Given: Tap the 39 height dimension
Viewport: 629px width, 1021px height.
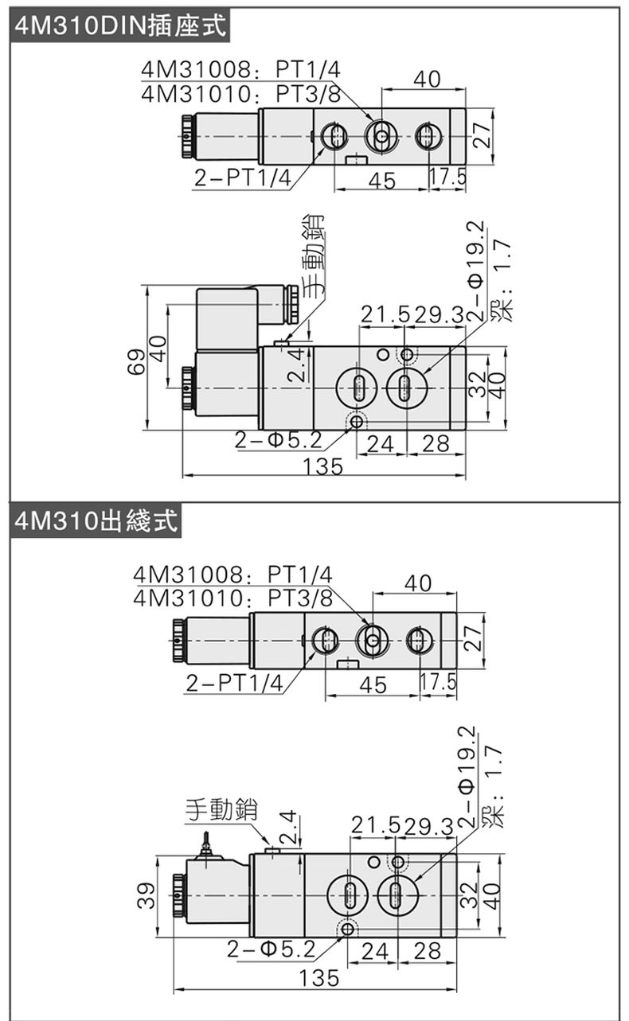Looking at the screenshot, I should (146, 896).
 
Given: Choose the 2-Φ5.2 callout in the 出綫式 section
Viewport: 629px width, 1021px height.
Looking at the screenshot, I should (272, 948).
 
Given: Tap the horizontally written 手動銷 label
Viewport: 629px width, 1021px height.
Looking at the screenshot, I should (222, 809).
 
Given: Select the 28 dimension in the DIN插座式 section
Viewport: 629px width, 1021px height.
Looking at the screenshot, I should (436, 443).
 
